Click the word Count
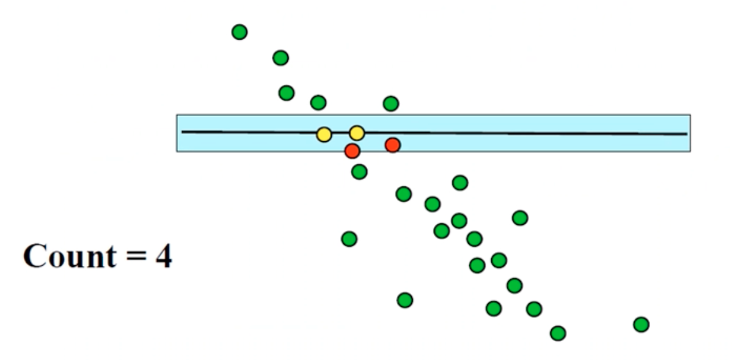click(68, 257)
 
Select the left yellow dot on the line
click(324, 134)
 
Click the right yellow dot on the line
click(357, 133)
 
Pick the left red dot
click(352, 150)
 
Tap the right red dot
click(392, 145)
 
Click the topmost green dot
click(240, 32)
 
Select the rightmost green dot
click(641, 325)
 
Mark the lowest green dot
click(558, 333)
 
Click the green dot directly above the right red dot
click(391, 104)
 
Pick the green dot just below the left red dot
click(359, 172)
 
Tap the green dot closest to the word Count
click(349, 238)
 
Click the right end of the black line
click(687, 134)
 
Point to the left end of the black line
click(183, 131)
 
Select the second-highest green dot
click(280, 58)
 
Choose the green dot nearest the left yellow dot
click(318, 102)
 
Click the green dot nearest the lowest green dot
click(534, 309)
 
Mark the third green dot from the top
click(286, 93)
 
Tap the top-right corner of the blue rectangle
click(690, 115)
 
